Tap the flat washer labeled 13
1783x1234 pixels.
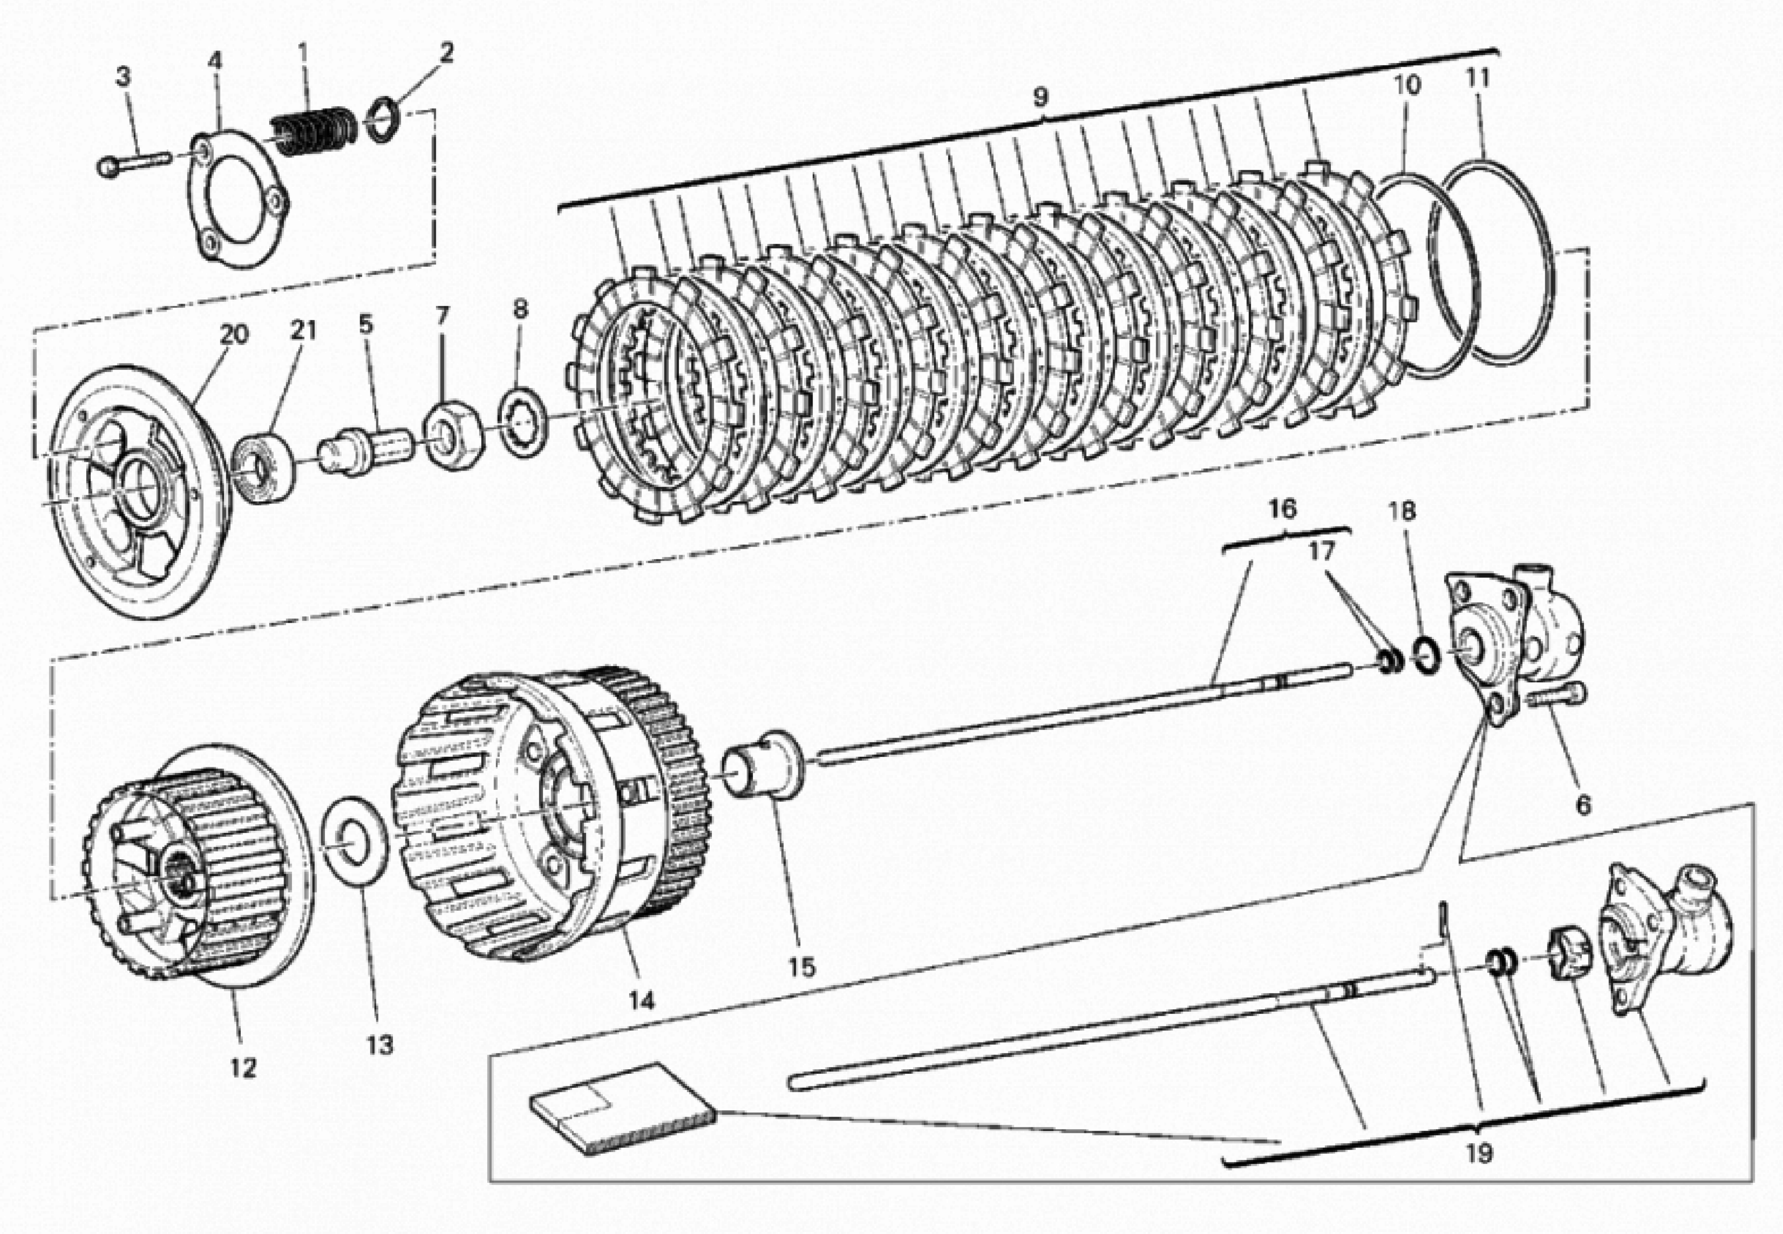355,843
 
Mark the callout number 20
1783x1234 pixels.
233,335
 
